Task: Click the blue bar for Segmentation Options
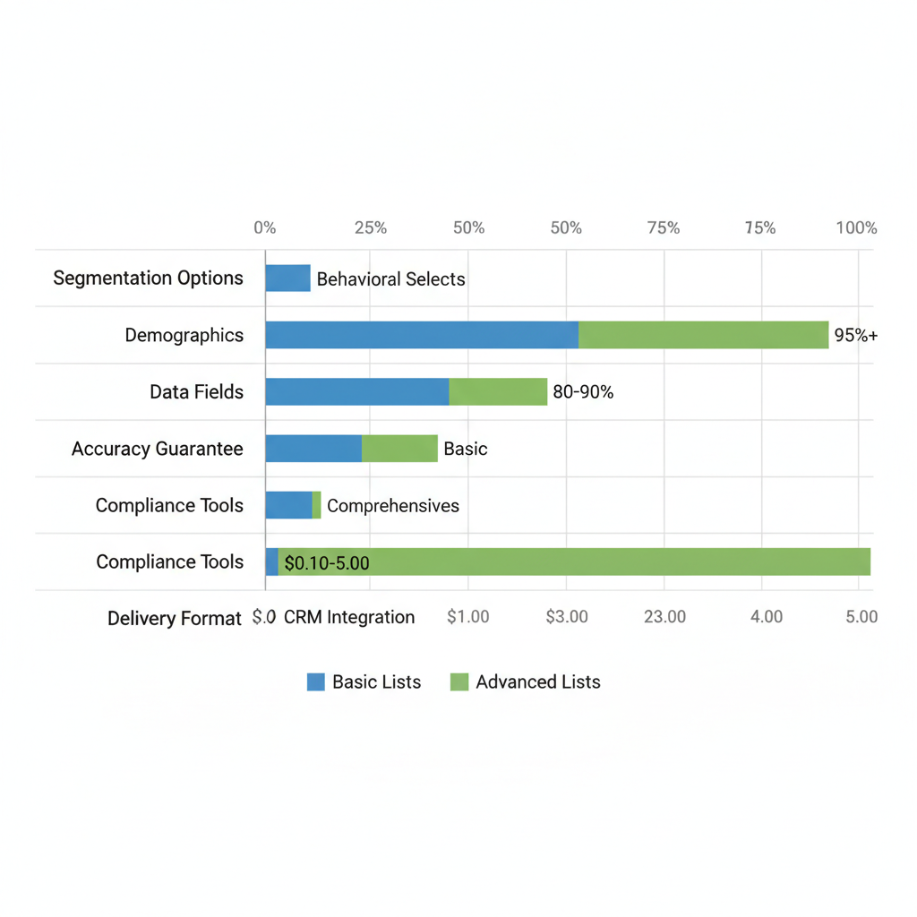click(287, 279)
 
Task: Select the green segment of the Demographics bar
click(703, 335)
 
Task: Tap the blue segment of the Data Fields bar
click(356, 391)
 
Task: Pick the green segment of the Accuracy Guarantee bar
click(399, 449)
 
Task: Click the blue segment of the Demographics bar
click(421, 335)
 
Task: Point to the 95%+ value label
click(856, 336)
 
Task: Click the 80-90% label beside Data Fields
click(583, 391)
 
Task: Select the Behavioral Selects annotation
click(390, 279)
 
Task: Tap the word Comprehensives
click(392, 506)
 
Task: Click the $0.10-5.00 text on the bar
click(326, 563)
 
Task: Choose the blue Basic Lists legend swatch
click(316, 682)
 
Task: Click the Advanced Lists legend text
click(537, 682)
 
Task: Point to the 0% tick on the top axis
click(265, 228)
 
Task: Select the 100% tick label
click(856, 228)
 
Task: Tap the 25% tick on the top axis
click(370, 228)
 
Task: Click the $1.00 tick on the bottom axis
click(467, 617)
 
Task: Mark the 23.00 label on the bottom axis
click(664, 617)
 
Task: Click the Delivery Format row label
click(174, 619)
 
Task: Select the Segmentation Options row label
click(148, 279)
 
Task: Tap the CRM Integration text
click(348, 617)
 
